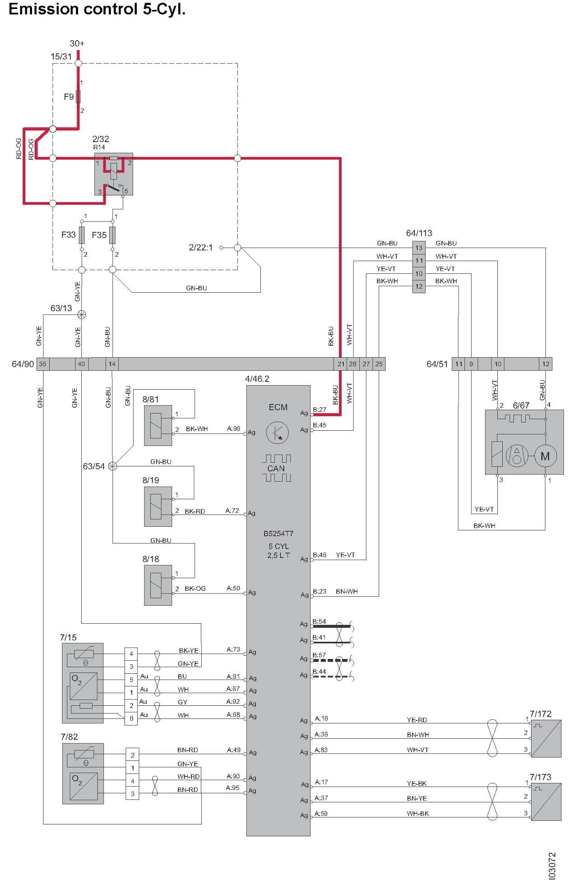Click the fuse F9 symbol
[78, 97]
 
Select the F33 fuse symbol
[82, 235]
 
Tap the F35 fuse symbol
[112, 235]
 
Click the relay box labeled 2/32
[114, 174]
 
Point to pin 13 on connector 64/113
[419, 248]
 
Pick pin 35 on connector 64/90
[43, 364]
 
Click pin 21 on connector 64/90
[341, 364]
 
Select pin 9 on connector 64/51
[471, 364]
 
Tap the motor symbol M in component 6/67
[545, 456]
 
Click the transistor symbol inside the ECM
[277, 433]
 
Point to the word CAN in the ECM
[276, 468]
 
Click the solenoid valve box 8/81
[158, 425]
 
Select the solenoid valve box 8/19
[158, 506]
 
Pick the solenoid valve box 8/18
[158, 585]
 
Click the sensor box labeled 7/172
[546, 739]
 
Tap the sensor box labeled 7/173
[546, 802]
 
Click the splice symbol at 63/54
[113, 466]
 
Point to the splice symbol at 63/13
[82, 314]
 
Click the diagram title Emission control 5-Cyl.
[97, 9]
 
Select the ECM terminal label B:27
[320, 410]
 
